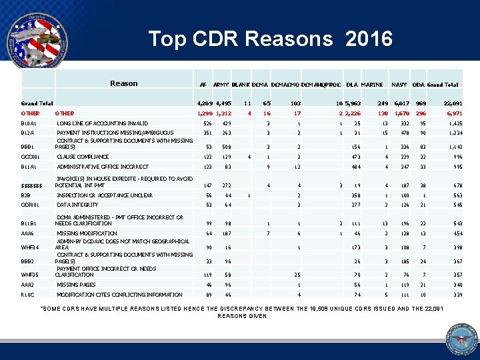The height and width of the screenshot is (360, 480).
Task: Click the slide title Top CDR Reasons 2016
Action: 270,39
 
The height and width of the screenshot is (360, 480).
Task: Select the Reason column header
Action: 123,83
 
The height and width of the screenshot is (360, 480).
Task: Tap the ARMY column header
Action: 222,85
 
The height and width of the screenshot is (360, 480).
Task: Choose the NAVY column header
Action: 399,85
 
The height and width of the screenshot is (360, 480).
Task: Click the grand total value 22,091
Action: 453,103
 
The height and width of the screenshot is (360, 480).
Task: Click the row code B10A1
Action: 30,123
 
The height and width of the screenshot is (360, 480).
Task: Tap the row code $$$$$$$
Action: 31,185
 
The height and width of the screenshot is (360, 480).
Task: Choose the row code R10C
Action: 29,293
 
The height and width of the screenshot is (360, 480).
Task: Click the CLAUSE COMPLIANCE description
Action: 83,157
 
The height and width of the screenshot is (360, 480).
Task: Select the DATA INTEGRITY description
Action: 77,205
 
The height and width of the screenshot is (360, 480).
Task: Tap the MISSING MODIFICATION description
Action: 87,233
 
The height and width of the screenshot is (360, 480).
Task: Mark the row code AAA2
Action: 29,284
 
